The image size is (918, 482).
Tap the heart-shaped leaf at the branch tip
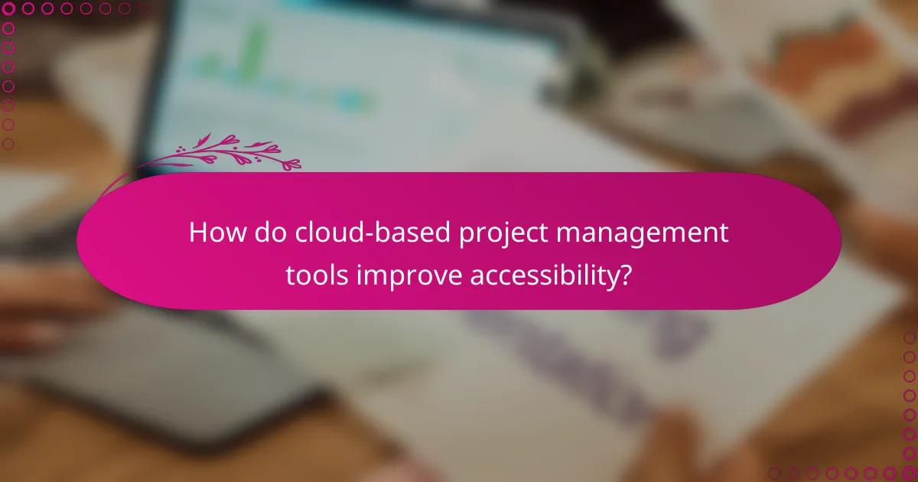(x=291, y=164)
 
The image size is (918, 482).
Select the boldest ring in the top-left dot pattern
(x=9, y=9)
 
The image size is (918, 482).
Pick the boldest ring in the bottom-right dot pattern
(x=909, y=473)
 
